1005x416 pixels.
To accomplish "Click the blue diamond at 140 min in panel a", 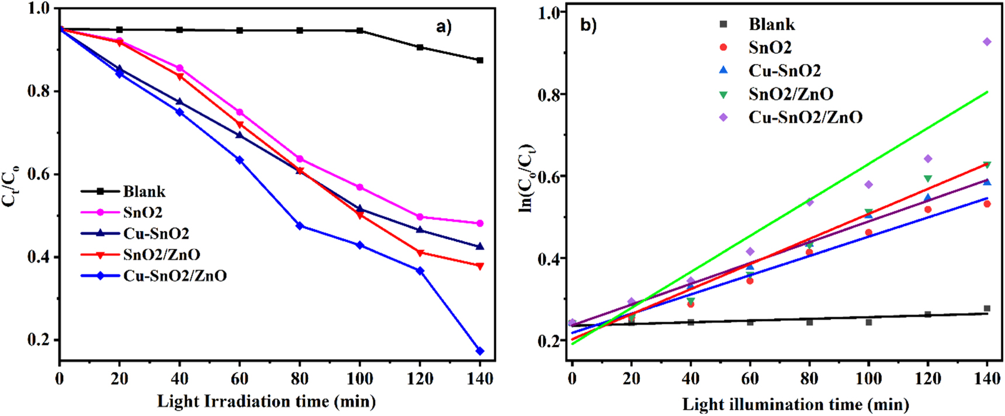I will coord(480,351).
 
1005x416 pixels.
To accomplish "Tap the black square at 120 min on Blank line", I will coord(420,47).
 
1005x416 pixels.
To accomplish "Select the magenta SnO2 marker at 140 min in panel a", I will coord(480,223).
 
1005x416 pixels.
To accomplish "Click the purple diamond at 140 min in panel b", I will coord(987,42).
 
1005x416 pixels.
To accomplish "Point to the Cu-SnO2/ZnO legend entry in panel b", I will coord(805,117).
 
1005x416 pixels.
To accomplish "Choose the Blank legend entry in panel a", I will coord(144,191).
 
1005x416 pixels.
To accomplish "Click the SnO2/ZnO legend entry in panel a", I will coord(161,254).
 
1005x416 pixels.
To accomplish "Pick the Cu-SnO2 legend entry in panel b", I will coord(784,71).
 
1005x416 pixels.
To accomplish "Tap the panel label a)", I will coord(444,26).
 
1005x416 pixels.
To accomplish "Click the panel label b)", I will coord(588,25).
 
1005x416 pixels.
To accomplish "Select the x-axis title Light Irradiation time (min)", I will coord(266,401).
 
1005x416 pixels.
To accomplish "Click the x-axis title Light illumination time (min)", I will coord(795,404).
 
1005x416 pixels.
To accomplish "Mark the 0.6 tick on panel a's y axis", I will coord(38,174).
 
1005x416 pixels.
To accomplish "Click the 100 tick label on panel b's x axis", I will coord(868,379).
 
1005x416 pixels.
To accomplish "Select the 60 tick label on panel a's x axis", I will coord(240,379).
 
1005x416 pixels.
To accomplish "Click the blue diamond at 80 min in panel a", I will coord(300,226).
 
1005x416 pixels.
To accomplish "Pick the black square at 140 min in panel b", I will coord(987,309).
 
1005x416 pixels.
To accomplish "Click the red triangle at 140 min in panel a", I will coord(480,266).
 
